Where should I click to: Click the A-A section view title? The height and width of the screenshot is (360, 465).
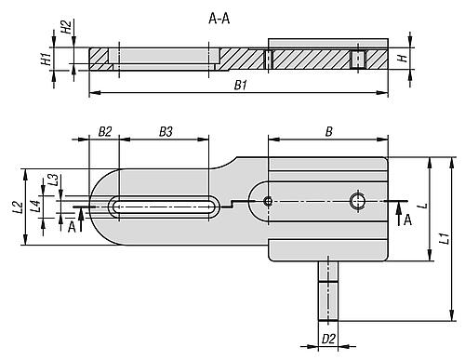[219, 20]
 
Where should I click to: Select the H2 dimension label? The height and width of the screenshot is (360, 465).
[66, 27]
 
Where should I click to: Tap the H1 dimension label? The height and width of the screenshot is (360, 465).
[46, 59]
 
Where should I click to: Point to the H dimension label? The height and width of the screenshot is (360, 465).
[403, 59]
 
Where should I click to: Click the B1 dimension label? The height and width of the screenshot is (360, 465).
[241, 85]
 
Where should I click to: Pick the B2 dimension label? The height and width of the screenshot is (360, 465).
[105, 132]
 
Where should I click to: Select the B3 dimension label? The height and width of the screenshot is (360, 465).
[166, 132]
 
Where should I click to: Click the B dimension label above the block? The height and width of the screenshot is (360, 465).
[329, 132]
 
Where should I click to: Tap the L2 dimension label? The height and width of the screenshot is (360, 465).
[19, 207]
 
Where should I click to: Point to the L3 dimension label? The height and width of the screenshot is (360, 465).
[54, 180]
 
